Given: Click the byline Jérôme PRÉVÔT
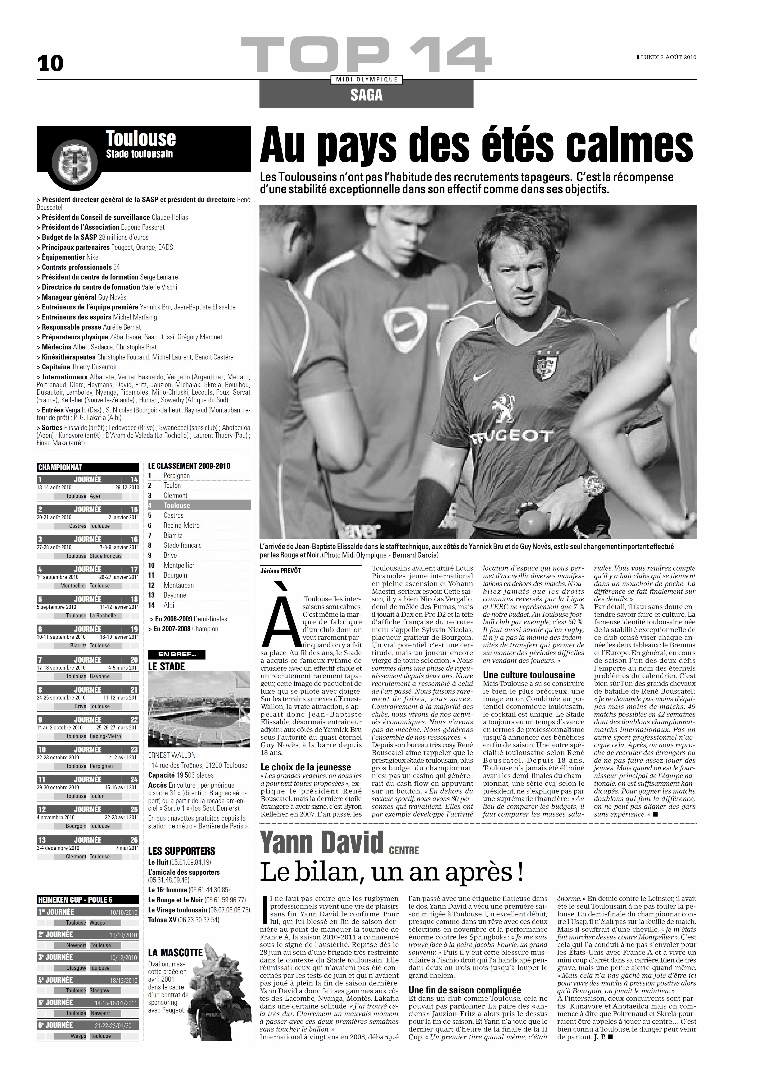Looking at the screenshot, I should [281, 571].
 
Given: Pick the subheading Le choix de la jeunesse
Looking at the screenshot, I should [306, 767].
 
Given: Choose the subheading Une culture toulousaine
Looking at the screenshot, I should [529, 675].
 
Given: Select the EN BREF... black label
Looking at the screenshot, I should [176, 654].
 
